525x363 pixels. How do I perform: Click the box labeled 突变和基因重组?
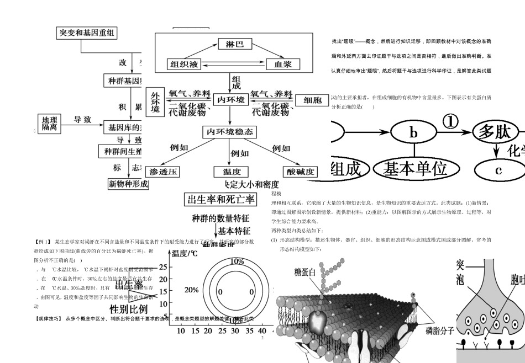click(87, 33)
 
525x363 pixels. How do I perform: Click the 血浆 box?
click(282, 64)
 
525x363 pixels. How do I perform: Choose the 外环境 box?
click(155, 103)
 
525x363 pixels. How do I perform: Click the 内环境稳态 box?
click(229, 132)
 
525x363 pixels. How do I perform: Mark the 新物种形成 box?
click(128, 184)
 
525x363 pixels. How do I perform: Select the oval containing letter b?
click(413, 132)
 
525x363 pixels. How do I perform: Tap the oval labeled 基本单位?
click(415, 169)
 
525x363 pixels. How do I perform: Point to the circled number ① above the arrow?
click(451, 121)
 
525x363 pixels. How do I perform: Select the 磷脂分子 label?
click(440, 330)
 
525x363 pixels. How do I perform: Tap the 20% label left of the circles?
click(191, 290)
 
